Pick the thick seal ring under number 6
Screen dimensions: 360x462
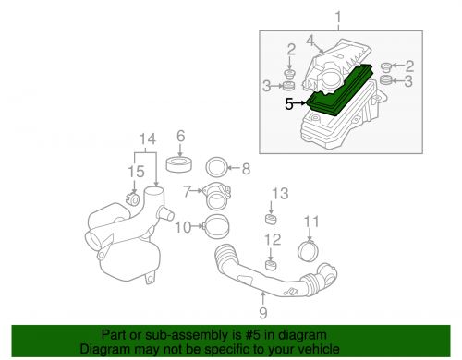[x=179, y=168]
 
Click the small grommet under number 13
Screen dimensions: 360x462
[x=272, y=220]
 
